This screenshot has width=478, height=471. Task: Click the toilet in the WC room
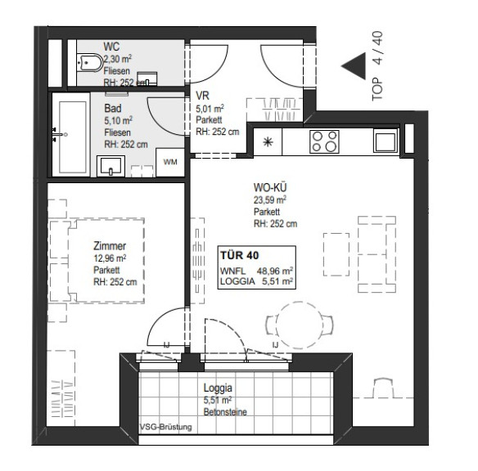coord(89,63)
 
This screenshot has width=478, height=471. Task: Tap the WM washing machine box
coord(170,162)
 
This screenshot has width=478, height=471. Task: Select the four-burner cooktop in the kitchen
coord(324,141)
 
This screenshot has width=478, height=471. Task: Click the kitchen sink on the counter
coord(386,141)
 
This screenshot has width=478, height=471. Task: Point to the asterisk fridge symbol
coord(268,142)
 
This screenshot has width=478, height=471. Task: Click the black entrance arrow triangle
coord(354,66)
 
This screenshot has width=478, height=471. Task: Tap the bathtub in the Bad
coord(71,135)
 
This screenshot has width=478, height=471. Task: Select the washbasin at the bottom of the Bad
coord(111,166)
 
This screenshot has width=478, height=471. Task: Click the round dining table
coord(299,325)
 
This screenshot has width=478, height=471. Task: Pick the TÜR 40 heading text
coord(240,255)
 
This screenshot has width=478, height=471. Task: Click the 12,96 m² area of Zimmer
coord(110,258)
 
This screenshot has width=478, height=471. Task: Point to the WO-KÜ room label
coord(270,187)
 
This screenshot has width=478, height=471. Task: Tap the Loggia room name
coord(218,388)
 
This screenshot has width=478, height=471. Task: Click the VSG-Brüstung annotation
coord(166,427)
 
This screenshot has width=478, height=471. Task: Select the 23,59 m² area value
coord(270,200)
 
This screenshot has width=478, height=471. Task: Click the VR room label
coord(202,96)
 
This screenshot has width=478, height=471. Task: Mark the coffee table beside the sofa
coord(336,254)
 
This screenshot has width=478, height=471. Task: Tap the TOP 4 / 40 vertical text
coord(377,66)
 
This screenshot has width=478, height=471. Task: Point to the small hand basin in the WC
coord(147,78)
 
